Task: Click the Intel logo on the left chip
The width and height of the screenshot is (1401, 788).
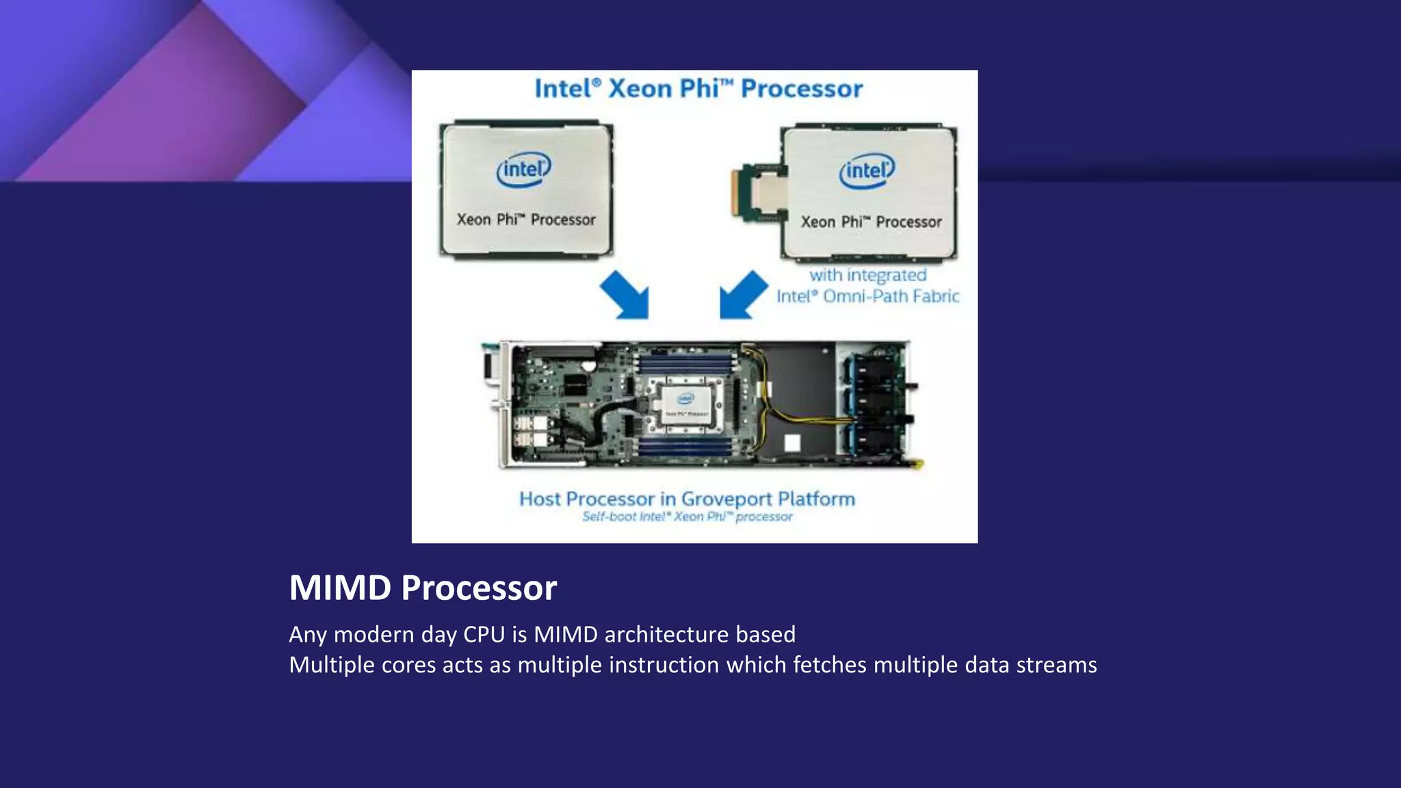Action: pyautogui.click(x=524, y=170)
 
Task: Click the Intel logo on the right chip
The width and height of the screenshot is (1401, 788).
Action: pyautogui.click(x=867, y=171)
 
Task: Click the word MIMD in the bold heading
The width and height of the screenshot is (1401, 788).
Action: pyautogui.click(x=340, y=588)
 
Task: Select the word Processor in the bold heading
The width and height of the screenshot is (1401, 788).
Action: pyautogui.click(x=479, y=588)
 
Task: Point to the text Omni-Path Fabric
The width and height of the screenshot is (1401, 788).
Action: pyautogui.click(x=891, y=296)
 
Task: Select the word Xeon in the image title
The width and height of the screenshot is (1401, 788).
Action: pyautogui.click(x=640, y=89)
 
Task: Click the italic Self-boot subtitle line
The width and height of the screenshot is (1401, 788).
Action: pyautogui.click(x=687, y=516)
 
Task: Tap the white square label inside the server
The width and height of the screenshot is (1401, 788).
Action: pyautogui.click(x=791, y=443)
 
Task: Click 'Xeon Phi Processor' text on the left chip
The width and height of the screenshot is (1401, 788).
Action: pyautogui.click(x=525, y=220)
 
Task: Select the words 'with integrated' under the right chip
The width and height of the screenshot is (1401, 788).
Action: pyautogui.click(x=867, y=275)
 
